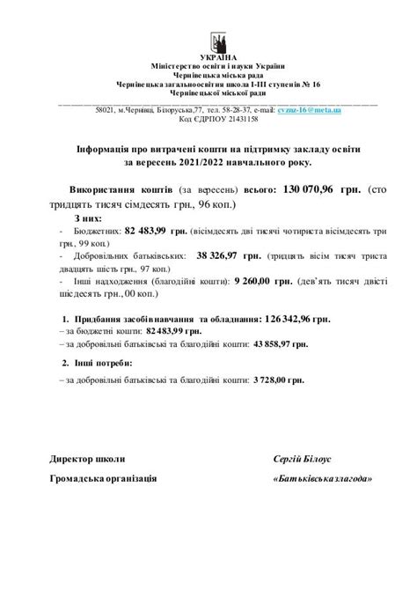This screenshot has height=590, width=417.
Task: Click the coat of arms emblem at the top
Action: (218, 41)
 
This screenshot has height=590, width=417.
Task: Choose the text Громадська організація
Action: (104, 478)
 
